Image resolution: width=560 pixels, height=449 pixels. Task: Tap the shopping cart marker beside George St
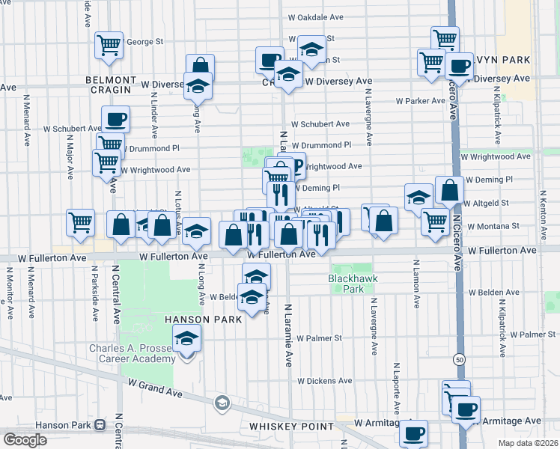tap(109, 44)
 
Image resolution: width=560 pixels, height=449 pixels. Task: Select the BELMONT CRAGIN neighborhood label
tap(111, 84)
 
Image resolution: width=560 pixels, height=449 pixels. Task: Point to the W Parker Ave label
tap(421, 100)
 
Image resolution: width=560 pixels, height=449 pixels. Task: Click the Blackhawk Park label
tap(350, 283)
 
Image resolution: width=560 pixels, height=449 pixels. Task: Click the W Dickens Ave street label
tap(323, 381)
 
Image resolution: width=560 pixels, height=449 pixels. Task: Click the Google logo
tap(25, 439)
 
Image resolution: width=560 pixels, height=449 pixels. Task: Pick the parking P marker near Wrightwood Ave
tap(296, 165)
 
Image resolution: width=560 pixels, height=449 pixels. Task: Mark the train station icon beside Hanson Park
tap(100, 425)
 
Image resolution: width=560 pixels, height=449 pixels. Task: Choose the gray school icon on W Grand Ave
tap(222, 404)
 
